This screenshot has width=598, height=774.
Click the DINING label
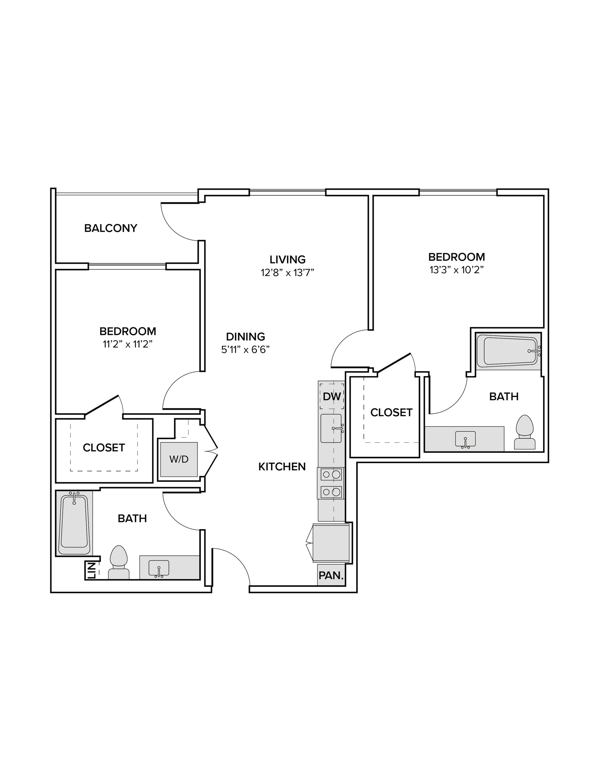(246, 336)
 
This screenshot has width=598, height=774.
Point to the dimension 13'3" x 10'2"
(457, 270)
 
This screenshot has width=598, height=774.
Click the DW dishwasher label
(332, 397)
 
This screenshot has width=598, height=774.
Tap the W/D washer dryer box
(179, 459)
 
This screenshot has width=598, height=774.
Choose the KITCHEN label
(282, 467)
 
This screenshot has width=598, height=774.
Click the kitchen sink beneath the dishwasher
(332, 429)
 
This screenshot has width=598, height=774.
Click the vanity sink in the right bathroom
(465, 439)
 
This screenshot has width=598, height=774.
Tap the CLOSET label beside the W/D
(104, 448)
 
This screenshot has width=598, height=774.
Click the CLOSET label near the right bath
(391, 413)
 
